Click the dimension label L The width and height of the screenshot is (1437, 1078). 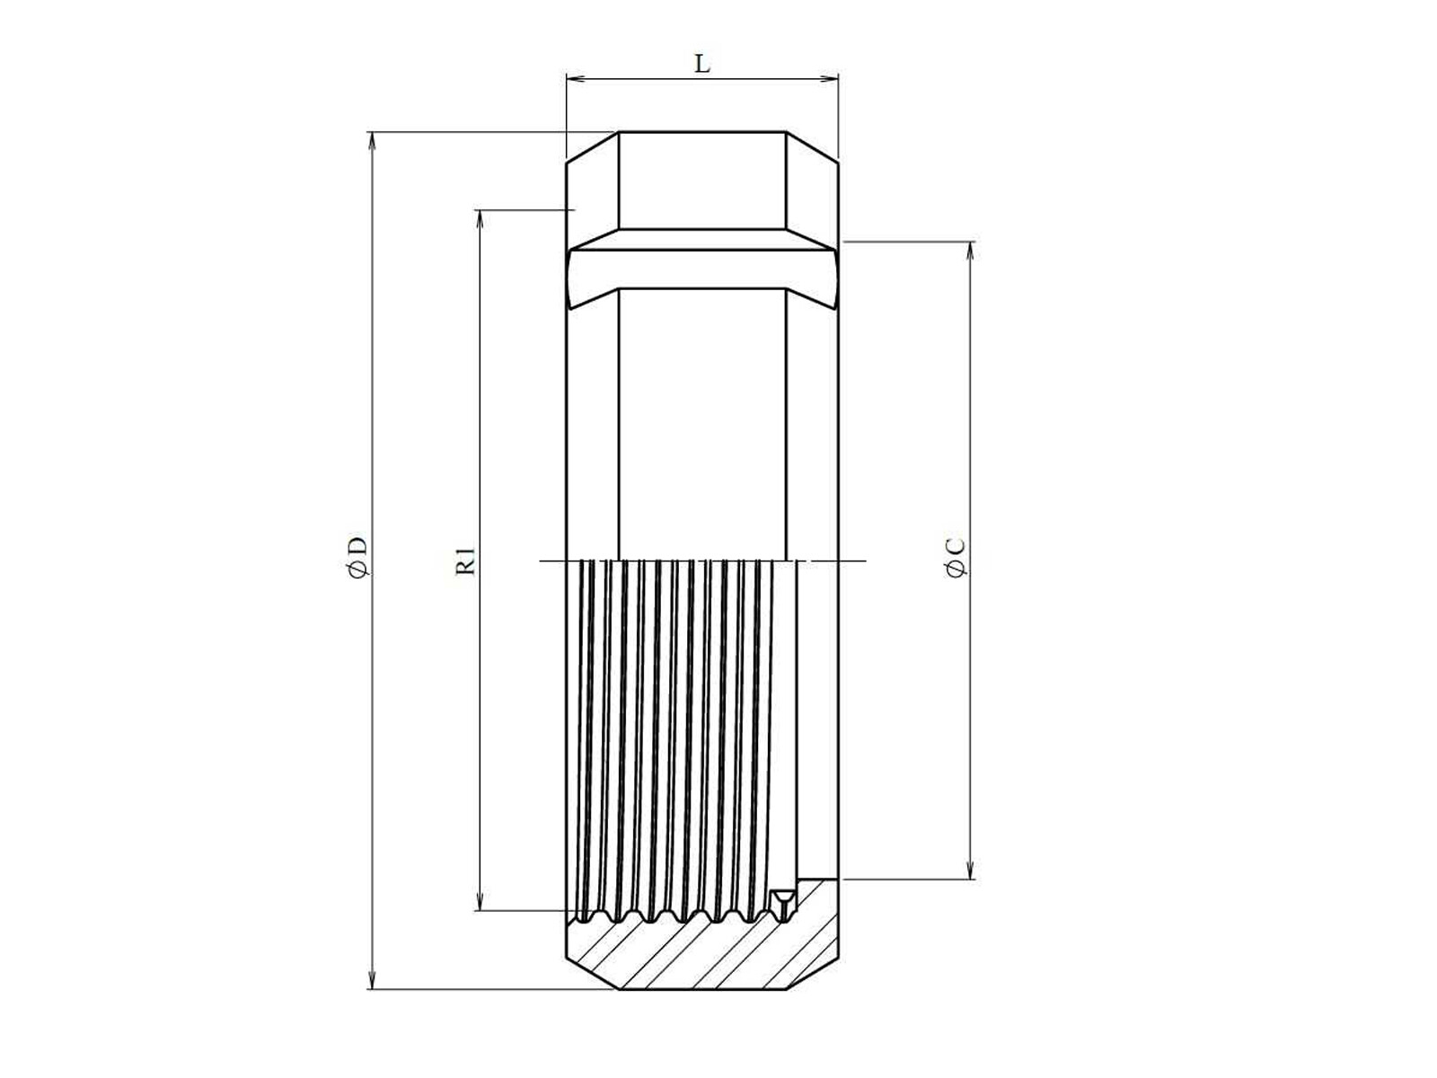[701, 64]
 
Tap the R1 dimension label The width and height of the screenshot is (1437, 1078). [465, 561]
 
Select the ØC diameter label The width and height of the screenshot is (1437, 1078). [956, 558]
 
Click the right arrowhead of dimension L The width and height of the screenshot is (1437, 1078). [829, 79]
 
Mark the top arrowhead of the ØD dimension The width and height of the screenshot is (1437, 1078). [373, 141]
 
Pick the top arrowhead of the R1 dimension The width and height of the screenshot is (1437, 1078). [480, 219]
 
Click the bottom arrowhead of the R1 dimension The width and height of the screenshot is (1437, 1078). [480, 901]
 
